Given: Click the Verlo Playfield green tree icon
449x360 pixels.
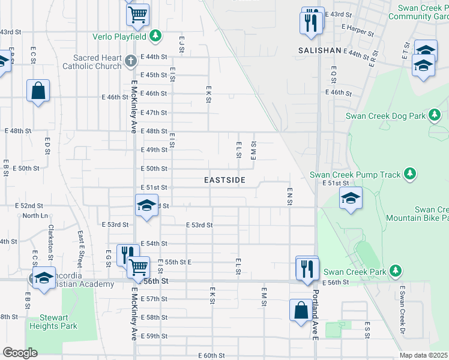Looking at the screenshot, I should click(155, 36).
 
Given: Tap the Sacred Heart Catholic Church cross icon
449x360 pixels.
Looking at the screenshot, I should click(131, 61).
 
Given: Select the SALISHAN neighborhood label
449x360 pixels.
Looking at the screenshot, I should click(319, 51).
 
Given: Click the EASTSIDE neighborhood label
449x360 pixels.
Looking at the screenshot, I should click(224, 180).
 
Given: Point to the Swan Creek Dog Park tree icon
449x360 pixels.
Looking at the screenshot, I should click(436, 115).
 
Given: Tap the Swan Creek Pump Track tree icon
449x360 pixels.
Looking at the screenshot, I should click(410, 174).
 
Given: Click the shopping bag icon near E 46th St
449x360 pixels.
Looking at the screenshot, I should click(38, 91).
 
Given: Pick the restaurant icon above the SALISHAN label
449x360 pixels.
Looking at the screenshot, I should click(311, 22).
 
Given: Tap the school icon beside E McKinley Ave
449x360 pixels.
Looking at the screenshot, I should click(145, 206).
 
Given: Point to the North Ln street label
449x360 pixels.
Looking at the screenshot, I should click(35, 215).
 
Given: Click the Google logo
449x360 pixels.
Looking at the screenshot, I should click(20, 353).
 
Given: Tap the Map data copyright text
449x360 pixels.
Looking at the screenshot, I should click(424, 355).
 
